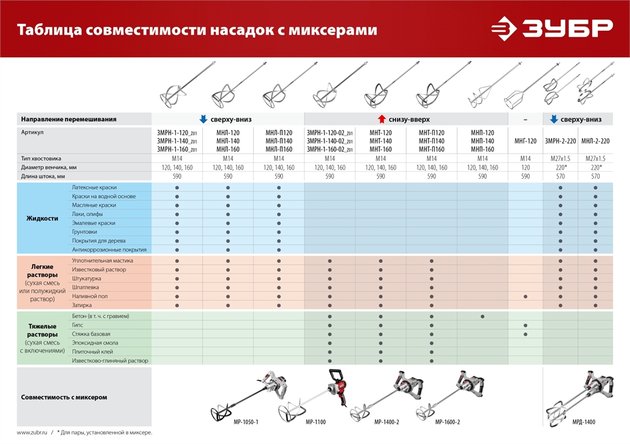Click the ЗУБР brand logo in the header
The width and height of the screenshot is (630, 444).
(x=552, y=28)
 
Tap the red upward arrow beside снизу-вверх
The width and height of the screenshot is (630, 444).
(x=381, y=119)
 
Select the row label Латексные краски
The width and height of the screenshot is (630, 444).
(x=94, y=188)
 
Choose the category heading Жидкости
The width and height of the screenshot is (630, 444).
(x=42, y=218)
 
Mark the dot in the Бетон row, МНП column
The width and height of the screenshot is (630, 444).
(x=483, y=316)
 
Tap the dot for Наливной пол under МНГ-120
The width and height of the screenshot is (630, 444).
(x=525, y=296)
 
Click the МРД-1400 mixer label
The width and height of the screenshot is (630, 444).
(x=582, y=422)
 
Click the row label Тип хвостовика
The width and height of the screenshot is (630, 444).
(x=42, y=158)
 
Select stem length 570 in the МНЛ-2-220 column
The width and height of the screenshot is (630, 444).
(x=595, y=177)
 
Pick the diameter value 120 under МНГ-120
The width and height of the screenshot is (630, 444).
(x=525, y=168)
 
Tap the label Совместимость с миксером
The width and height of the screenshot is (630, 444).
(x=64, y=397)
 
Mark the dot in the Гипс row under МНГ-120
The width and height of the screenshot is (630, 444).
(x=525, y=325)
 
